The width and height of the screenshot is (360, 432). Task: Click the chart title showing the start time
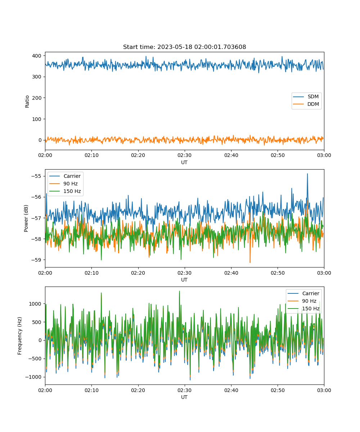(184, 47)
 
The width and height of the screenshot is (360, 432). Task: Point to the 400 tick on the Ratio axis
(37, 56)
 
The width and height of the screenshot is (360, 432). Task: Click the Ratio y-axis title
(27, 102)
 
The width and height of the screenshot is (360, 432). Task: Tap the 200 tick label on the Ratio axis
(37, 98)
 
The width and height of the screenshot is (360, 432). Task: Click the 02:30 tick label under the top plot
(184, 155)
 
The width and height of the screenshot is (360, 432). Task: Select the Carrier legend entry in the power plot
(65, 176)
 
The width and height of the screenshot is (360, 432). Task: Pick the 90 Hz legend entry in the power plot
(63, 184)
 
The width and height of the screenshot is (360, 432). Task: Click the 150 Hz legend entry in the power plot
(65, 191)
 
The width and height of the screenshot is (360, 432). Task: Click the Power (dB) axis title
(26, 218)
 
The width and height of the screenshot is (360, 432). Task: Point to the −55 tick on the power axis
(36, 176)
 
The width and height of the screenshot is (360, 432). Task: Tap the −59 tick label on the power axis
(36, 260)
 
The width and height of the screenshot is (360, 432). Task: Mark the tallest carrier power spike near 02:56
(307, 174)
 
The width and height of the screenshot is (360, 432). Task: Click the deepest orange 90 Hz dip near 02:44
(250, 262)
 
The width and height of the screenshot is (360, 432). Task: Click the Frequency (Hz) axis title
(19, 336)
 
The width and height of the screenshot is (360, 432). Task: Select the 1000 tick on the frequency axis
(35, 304)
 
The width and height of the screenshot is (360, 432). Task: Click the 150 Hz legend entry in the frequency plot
(303, 309)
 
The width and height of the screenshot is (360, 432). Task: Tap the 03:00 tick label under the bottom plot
(324, 390)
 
